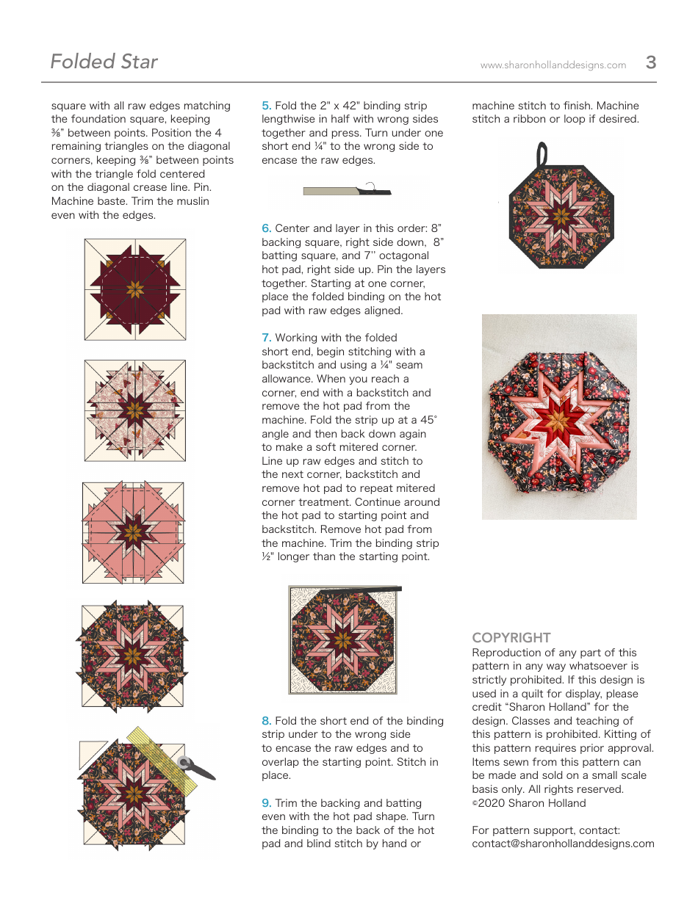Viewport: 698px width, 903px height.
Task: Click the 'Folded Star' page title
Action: [x=104, y=62]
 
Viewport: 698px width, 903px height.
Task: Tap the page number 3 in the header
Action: [x=650, y=62]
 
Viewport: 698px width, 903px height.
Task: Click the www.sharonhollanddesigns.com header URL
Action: [x=553, y=65]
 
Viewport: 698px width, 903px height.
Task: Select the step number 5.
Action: [x=266, y=106]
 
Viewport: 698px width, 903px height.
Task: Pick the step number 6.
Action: [x=266, y=228]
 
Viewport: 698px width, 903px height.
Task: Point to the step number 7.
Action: [x=266, y=338]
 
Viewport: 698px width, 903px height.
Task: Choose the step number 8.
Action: [x=266, y=721]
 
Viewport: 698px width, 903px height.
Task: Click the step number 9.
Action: [x=266, y=803]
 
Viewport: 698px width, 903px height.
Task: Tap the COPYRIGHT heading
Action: [x=511, y=638]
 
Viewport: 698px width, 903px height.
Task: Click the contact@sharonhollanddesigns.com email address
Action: [x=563, y=844]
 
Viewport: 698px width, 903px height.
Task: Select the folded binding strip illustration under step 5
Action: [x=345, y=190]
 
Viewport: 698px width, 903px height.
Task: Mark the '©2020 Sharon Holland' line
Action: [x=528, y=803]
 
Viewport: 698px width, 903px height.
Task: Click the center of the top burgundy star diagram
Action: [x=134, y=289]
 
